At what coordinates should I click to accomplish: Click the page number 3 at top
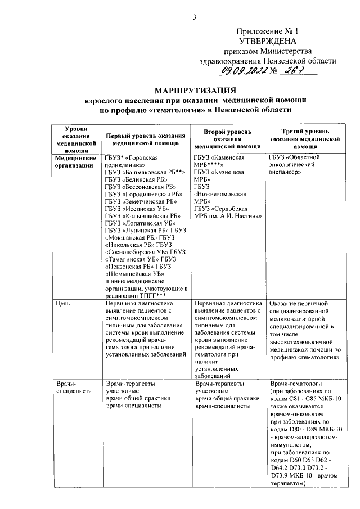click(195, 17)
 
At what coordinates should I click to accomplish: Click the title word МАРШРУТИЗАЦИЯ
click(195, 90)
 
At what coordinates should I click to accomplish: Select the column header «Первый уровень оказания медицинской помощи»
click(146, 140)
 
